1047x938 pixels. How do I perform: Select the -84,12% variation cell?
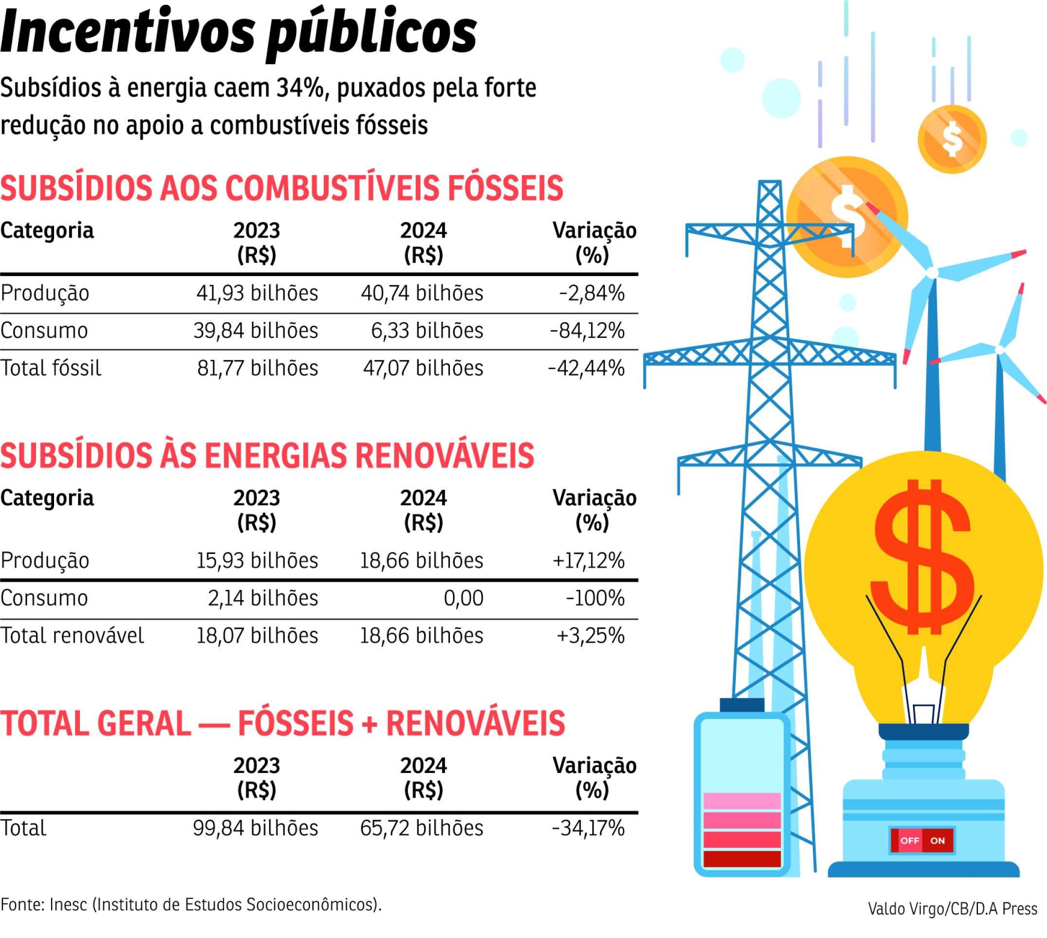587,331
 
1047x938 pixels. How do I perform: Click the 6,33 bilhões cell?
427,331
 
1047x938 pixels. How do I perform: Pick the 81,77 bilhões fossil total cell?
257,368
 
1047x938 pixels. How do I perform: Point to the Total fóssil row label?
51,368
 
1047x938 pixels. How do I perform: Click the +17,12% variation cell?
588,560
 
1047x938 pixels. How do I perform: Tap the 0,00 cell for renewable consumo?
464,598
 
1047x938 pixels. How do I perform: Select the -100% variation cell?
595,598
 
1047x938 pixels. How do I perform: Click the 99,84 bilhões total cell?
255,828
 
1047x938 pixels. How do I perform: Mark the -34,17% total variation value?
588,828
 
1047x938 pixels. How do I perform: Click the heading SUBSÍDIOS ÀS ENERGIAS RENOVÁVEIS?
267,456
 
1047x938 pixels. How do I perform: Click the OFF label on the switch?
909,841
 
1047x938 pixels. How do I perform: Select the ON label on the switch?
937,841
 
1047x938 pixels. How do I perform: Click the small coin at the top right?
952,139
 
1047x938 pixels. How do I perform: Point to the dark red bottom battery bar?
742,859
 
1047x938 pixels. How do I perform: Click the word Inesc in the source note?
69,904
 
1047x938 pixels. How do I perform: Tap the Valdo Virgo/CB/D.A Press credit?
952,909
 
